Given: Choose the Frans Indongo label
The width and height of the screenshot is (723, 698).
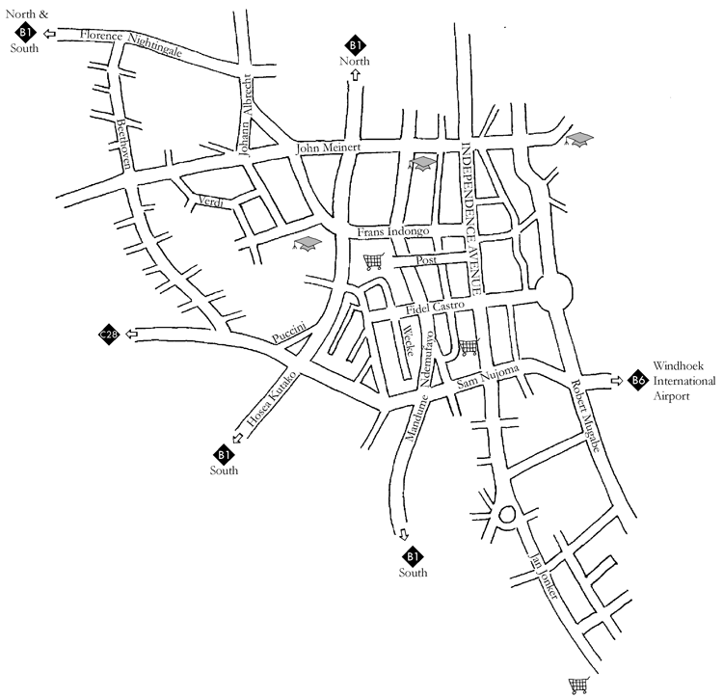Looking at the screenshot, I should (392, 232).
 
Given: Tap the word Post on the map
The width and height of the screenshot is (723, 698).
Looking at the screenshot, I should (425, 260).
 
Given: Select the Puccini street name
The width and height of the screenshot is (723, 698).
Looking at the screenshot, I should (289, 332).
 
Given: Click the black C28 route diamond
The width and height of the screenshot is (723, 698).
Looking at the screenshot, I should (109, 335).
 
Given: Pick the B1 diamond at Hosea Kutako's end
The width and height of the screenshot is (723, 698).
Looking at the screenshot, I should (224, 453).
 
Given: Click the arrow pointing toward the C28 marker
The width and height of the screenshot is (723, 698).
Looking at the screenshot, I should (132, 335).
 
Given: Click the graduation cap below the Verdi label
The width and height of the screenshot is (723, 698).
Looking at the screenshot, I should (307, 245).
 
